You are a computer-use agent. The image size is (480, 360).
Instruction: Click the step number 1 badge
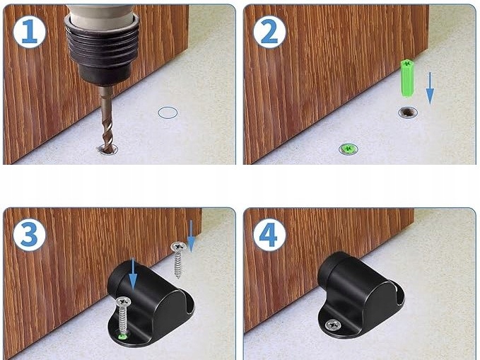pos(29,32)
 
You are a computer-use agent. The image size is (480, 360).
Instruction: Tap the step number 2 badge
pos(269,32)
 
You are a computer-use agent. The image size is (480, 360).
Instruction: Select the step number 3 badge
pos(29,235)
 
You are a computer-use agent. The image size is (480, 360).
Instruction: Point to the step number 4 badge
pos(269,235)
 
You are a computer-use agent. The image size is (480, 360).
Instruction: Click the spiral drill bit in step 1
pos(107,120)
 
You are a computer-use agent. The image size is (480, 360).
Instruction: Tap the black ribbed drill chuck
pos(102,49)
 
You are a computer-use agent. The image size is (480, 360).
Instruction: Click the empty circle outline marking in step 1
pos(168,112)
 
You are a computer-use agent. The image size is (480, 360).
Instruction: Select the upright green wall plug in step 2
pos(407,78)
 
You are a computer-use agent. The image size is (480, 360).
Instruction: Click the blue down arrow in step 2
pos(430,88)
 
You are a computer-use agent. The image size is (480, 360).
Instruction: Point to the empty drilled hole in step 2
pos(408,112)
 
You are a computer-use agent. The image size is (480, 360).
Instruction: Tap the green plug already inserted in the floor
pos(348,149)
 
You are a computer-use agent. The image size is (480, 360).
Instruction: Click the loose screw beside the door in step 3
pos(178,260)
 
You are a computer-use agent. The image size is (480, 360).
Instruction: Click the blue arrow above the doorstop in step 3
pos(133,274)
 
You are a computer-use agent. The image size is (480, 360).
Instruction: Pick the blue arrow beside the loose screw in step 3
pos(191,236)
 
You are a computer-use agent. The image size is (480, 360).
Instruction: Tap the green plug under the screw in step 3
pos(123,337)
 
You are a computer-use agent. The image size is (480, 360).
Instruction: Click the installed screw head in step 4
pos(333,325)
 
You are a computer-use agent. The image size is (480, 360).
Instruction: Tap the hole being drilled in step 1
pos(107,150)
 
